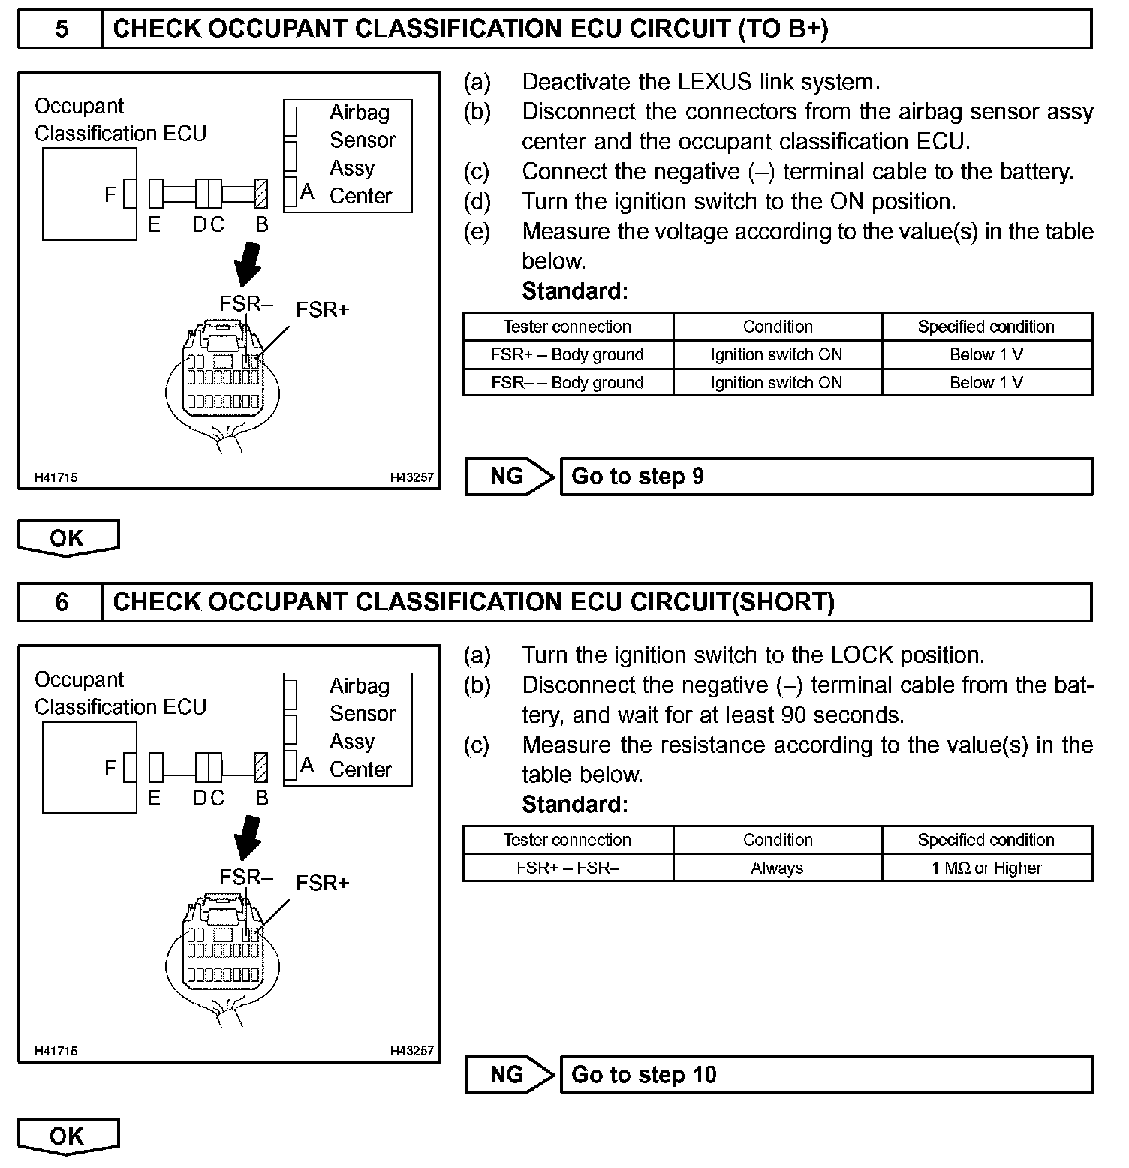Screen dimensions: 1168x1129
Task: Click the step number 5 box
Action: coord(61,29)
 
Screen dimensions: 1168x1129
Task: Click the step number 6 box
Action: coord(61,602)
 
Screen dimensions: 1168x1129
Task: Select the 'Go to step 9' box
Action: coord(826,477)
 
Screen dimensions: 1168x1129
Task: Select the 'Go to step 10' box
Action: coord(826,1075)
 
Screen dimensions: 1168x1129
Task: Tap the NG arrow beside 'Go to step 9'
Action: coord(509,477)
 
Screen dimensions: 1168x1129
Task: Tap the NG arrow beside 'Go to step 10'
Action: coord(509,1075)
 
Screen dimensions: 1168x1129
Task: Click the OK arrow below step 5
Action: coord(68,538)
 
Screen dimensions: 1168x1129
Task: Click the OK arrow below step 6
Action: coord(68,1136)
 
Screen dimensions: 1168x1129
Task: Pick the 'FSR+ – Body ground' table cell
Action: coord(568,355)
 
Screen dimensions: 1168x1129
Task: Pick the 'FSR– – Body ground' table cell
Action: coord(568,383)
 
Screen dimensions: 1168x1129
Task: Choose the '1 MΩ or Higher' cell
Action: coord(986,868)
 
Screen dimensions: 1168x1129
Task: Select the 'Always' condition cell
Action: coord(777,868)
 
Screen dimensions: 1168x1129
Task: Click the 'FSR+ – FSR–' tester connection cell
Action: coord(568,868)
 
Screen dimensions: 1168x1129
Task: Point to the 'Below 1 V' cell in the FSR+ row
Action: coord(986,355)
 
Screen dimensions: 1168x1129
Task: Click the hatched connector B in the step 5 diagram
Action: coord(261,194)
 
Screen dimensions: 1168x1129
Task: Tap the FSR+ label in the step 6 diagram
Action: coord(322,884)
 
